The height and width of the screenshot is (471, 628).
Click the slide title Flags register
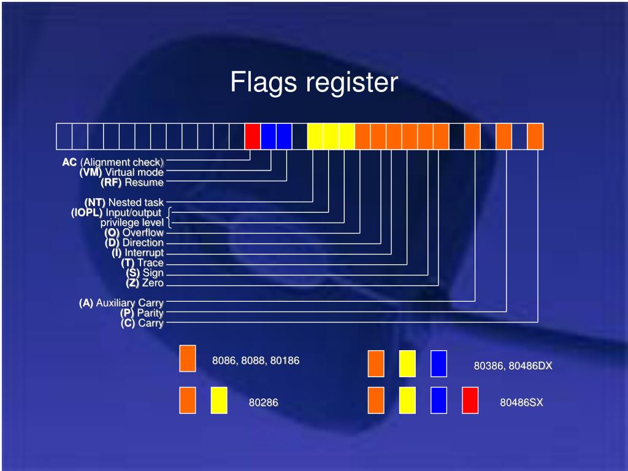(314, 82)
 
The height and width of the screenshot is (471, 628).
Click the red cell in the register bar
(252, 136)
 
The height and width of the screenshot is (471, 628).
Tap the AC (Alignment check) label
(113, 162)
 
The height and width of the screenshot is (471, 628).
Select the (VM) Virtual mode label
(121, 172)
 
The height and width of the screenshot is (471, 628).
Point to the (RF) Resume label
(132, 182)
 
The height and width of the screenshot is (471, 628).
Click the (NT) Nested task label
(124, 202)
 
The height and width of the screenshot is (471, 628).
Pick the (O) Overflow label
(134, 232)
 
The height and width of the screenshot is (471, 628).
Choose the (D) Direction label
(134, 242)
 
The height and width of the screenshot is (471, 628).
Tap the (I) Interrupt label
(137, 253)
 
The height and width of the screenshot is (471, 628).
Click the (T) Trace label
(142, 262)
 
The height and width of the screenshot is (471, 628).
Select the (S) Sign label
(145, 273)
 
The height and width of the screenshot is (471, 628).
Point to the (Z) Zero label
(145, 283)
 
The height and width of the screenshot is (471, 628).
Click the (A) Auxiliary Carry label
(121, 303)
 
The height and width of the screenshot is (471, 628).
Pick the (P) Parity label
(142, 313)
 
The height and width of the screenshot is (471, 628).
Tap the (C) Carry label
(142, 323)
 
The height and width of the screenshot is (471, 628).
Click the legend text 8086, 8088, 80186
(256, 361)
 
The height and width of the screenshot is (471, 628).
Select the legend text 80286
(263, 403)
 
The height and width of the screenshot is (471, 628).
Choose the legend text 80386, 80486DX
(513, 366)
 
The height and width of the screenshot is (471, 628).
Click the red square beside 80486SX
(470, 400)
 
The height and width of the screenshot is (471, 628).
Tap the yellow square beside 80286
(219, 400)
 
